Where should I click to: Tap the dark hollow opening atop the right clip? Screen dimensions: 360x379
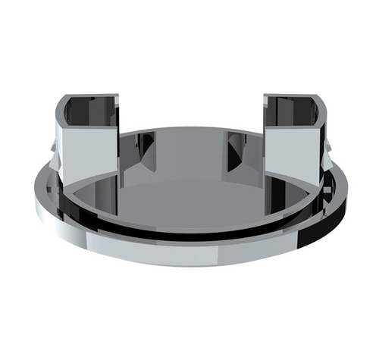[293, 111]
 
